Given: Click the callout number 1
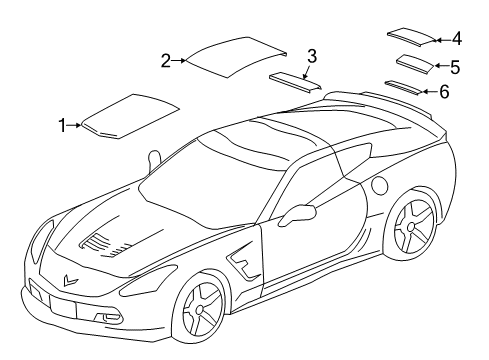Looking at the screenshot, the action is point(63,125).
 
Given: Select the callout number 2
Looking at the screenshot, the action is point(166,61).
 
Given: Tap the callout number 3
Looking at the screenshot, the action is point(312,55).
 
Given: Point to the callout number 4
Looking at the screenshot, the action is point(456,39).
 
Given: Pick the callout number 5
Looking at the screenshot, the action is point(454,67).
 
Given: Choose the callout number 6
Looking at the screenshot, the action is point(444,91).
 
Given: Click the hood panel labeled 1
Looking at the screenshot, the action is point(130,113).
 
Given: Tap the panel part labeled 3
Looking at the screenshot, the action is point(295,81).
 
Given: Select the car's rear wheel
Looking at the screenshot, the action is point(412,238).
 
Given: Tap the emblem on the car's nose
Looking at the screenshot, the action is point(69,282).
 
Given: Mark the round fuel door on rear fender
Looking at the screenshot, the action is point(379,186).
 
